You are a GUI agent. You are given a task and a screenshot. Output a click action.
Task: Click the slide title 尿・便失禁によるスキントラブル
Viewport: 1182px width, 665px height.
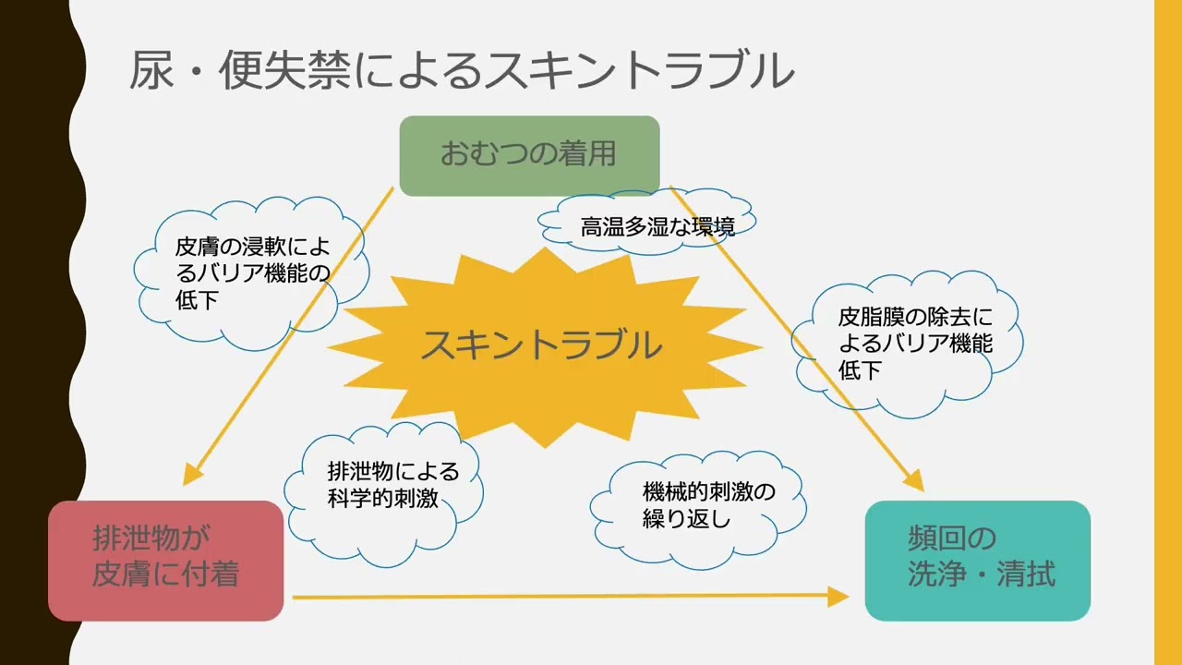462,71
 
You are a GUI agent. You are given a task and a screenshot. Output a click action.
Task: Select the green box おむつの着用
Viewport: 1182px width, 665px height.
528,154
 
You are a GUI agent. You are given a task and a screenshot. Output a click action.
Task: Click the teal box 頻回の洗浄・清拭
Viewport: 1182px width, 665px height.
977,560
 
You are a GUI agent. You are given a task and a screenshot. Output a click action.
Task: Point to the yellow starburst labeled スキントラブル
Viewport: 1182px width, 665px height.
542,345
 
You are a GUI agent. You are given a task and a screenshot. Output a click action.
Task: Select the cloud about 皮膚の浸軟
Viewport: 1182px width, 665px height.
251,273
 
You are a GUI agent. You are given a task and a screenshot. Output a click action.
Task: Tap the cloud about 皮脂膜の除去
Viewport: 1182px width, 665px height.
909,344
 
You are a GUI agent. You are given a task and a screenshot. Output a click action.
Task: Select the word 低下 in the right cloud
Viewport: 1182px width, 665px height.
860,370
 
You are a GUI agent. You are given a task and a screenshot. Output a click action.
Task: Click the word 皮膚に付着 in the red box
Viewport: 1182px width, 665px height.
166,575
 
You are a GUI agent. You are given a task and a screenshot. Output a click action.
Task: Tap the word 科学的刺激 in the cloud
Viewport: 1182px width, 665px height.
382,500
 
